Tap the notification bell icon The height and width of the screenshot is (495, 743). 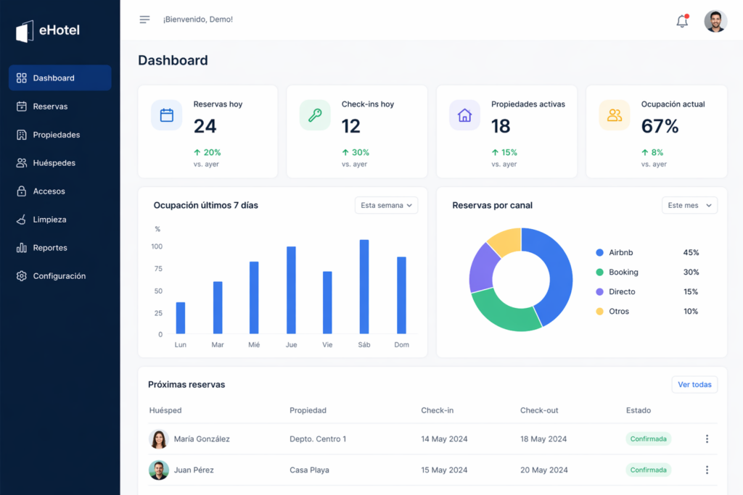point(682,21)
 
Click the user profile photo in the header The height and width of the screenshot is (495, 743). point(715,21)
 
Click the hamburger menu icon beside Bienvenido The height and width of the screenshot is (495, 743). point(144,20)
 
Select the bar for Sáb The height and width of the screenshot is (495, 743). point(364,287)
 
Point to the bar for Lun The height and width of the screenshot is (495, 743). point(181,318)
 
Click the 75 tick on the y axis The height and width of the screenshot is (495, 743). point(158,269)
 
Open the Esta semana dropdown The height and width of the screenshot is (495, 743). point(386,205)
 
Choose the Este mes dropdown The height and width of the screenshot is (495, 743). point(689,205)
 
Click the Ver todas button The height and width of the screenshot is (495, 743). point(694,385)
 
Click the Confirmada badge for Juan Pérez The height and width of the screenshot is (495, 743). point(648,470)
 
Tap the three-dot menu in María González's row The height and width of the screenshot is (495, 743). point(707,439)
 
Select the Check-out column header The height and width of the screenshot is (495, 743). point(539,410)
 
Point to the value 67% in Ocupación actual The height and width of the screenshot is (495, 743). point(660,126)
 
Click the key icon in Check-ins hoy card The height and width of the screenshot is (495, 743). point(315,115)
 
